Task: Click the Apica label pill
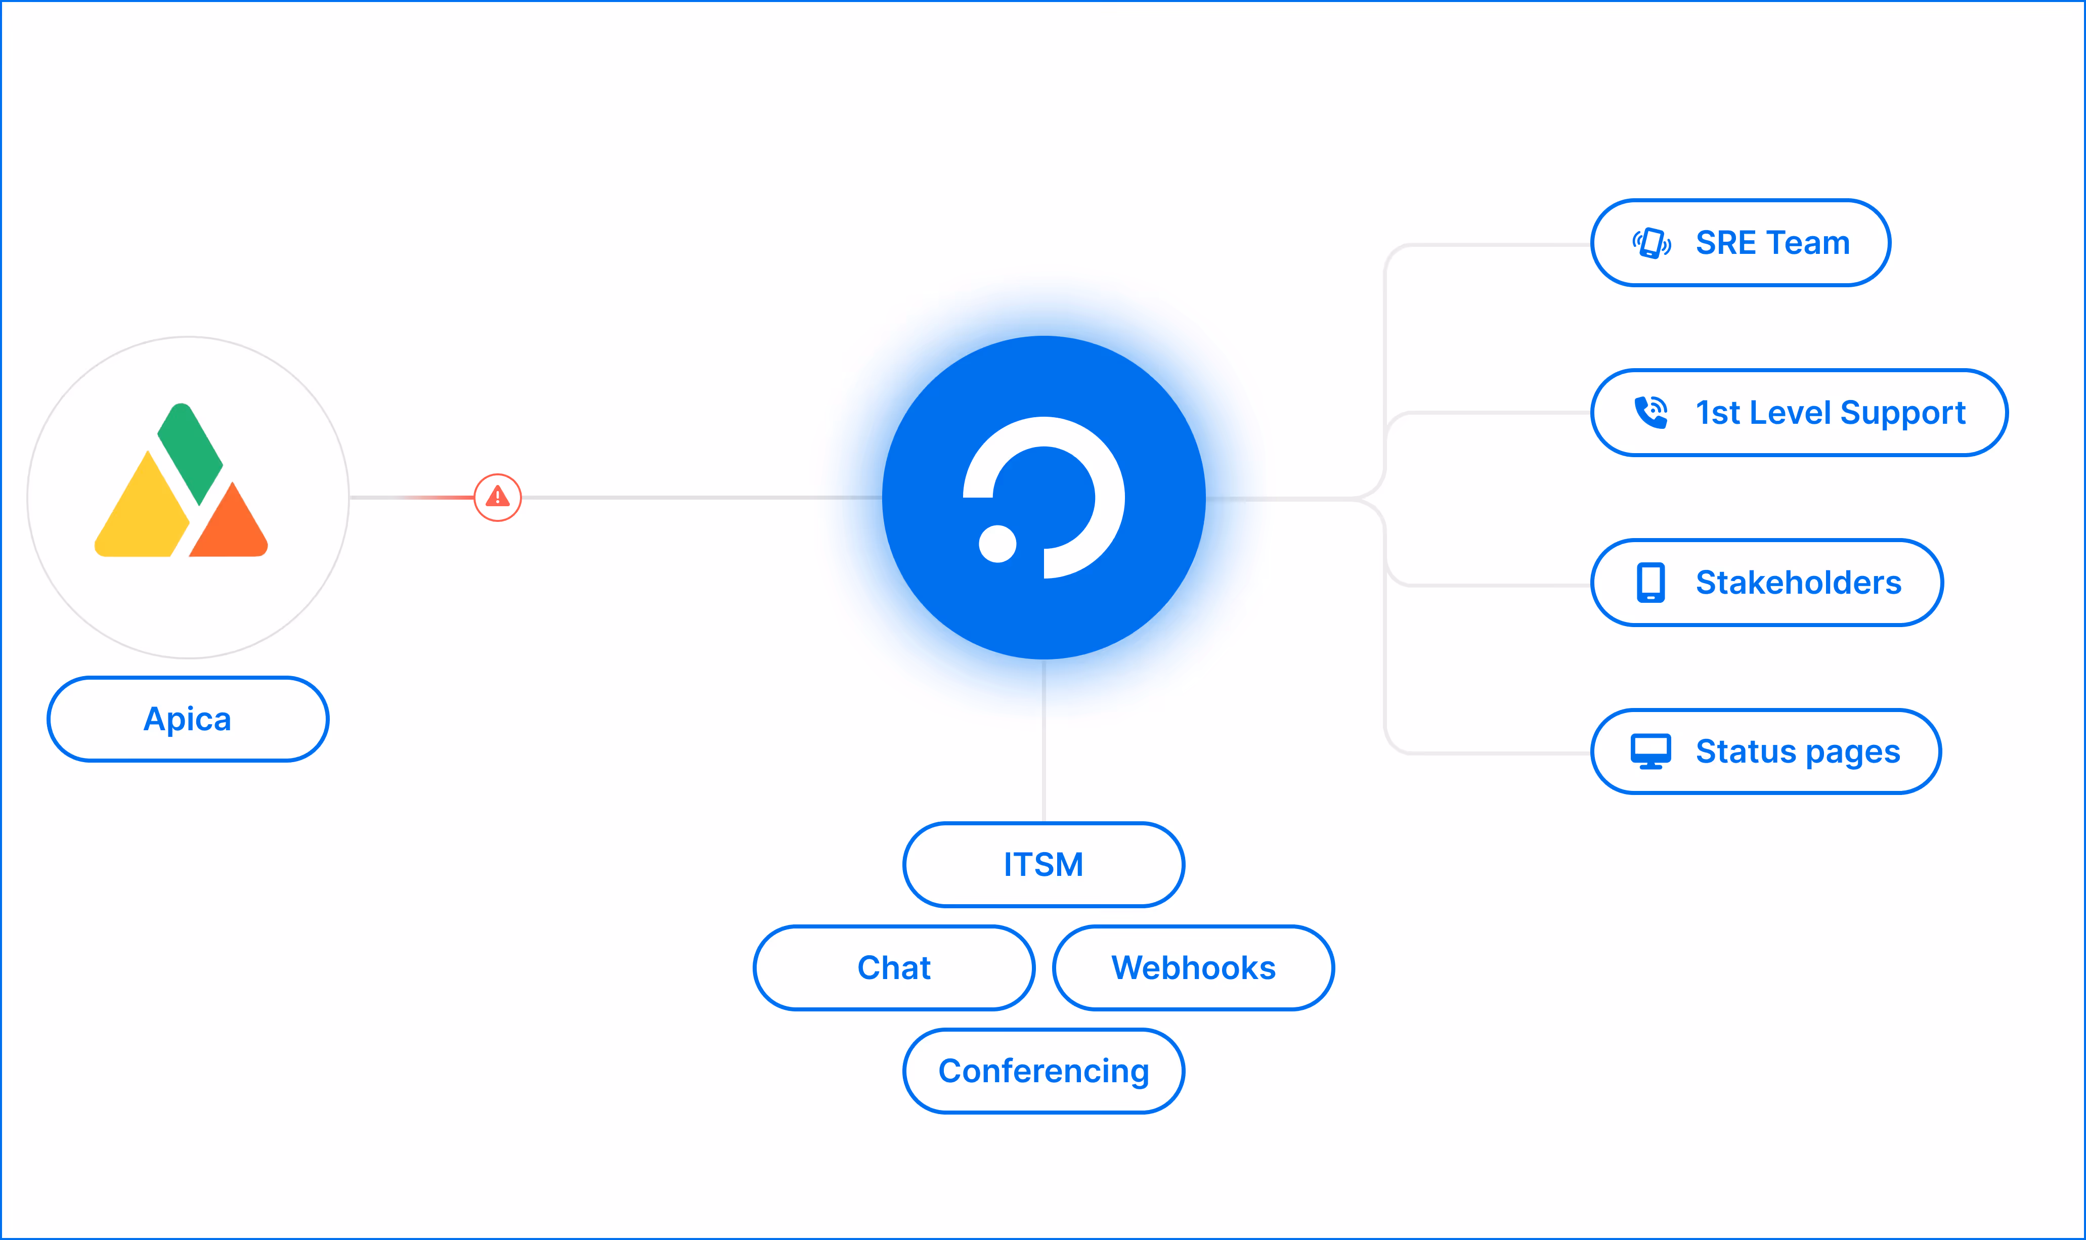tap(187, 719)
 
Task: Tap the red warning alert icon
tap(497, 497)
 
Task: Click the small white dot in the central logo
tap(997, 544)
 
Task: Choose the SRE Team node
tap(1740, 242)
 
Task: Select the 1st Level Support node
tap(1799, 413)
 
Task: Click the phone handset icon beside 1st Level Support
tap(1650, 412)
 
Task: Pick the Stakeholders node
tap(1766, 583)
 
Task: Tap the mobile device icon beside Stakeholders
tap(1650, 583)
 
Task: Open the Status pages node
tap(1765, 751)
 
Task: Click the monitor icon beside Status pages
tap(1650, 751)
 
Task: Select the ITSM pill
tap(1043, 864)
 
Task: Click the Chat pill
tap(893, 967)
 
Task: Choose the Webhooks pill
tap(1193, 967)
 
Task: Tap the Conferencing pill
tap(1043, 1071)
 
